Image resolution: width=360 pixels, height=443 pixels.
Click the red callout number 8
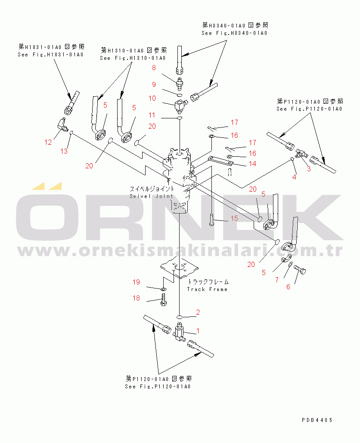154,68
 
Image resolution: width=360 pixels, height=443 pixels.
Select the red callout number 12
48,142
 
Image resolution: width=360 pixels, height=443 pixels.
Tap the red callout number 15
234,218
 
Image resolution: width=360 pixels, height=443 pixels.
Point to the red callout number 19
136,282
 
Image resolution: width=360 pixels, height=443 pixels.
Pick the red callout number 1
198,331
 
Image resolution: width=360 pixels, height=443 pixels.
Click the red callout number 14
252,164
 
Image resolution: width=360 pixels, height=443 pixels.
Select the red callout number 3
309,169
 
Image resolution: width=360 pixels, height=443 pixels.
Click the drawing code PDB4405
317,420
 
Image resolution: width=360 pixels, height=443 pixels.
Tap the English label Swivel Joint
152,196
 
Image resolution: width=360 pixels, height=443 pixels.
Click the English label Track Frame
207,289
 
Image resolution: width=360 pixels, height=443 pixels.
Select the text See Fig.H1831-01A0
50,55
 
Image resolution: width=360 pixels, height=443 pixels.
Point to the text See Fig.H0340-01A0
234,33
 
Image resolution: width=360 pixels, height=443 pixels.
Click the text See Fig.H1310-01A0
133,58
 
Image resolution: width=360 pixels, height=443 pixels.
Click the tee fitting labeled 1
179,331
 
